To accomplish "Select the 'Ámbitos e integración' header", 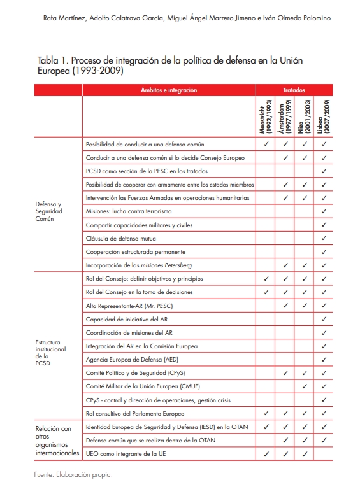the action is tap(169, 90).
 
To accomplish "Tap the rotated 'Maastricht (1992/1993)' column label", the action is tap(266, 115).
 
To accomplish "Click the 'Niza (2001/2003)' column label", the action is tap(305, 115).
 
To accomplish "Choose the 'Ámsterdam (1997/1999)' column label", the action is tap(285, 115).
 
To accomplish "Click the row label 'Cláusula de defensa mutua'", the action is tap(121, 238).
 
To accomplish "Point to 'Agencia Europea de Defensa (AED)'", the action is tap(132, 360).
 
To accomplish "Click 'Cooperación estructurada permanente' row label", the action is tap(135, 251).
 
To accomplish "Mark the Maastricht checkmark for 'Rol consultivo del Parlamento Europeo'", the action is tap(266, 413).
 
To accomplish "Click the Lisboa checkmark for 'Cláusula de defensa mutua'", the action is tap(324, 238).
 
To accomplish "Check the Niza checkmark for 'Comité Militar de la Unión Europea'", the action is tap(305, 386).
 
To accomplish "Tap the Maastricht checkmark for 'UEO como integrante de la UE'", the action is tap(266, 454).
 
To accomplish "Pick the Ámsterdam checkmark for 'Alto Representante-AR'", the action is tap(285, 306).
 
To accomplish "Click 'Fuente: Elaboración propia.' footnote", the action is tap(73, 474).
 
